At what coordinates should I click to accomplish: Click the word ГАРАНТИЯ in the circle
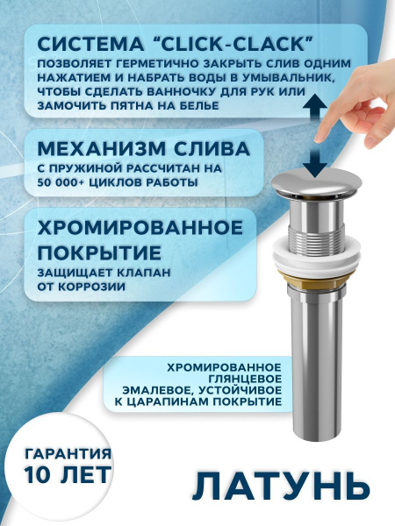point(68,455)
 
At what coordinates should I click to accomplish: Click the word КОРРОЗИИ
point(95,288)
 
